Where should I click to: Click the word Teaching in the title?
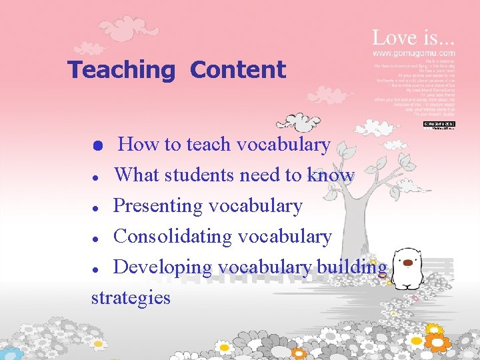click(121, 70)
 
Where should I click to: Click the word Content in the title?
click(238, 70)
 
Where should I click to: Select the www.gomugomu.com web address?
click(413, 53)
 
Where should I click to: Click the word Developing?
click(163, 267)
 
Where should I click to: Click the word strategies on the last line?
click(131, 297)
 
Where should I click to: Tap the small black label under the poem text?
click(439, 124)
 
